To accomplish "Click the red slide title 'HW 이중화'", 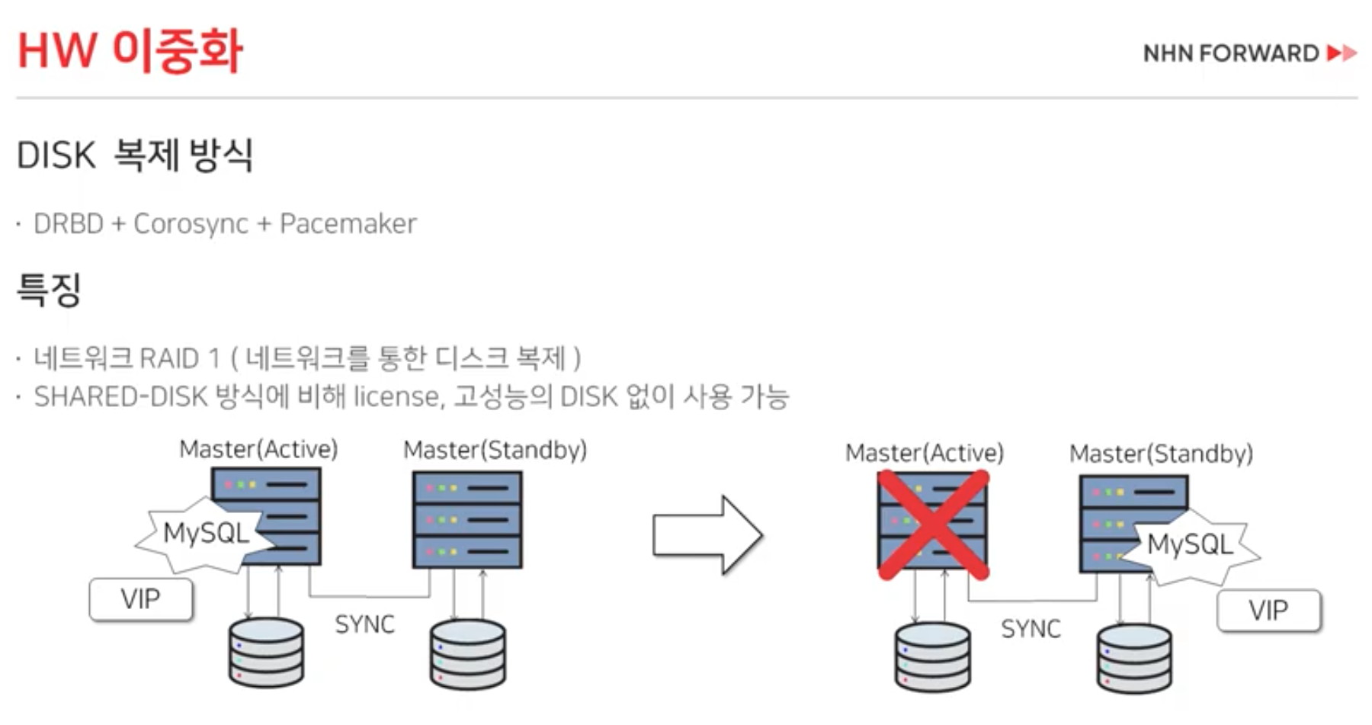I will [x=130, y=51].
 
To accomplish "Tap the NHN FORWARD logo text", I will [x=1230, y=53].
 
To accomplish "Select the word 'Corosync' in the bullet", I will [x=191, y=223].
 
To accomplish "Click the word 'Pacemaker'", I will [x=348, y=223].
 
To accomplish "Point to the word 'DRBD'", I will [x=69, y=223].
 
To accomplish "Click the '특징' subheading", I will [x=49, y=290].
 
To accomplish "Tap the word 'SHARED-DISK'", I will [x=120, y=396].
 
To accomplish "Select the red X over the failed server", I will [x=933, y=525].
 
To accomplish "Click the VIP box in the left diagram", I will [x=141, y=599].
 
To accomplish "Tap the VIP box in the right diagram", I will [x=1268, y=611].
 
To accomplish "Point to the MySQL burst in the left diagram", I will [x=205, y=533].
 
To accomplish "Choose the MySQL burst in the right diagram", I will [x=1190, y=545].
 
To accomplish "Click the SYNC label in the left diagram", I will [x=364, y=624].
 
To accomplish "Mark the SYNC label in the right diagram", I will [x=1031, y=629].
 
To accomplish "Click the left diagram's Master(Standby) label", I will [x=495, y=450].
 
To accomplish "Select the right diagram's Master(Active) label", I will [x=924, y=453].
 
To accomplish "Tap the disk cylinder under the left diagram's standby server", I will [x=467, y=653].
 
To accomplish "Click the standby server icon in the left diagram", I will [x=467, y=519].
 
